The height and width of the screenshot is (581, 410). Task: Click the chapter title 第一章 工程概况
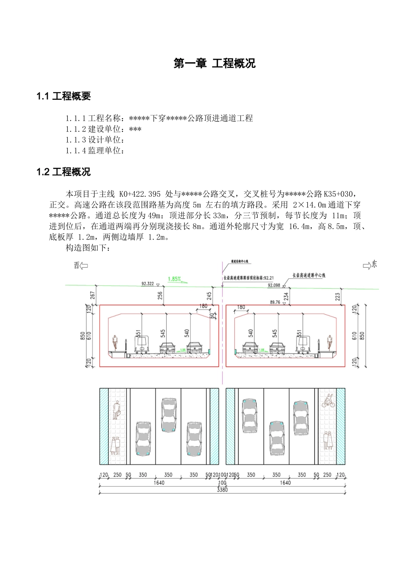214,64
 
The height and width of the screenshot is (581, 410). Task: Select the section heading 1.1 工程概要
63,96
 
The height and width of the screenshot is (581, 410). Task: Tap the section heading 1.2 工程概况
63,172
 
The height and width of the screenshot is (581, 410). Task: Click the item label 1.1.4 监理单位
95,150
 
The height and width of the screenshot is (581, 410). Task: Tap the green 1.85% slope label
174,279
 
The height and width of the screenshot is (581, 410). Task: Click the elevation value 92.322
148,284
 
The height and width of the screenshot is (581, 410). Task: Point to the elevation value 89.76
274,303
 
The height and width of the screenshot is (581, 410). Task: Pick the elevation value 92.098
274,285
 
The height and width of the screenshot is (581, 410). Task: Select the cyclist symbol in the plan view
328,401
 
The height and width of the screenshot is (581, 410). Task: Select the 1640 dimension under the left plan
159,483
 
